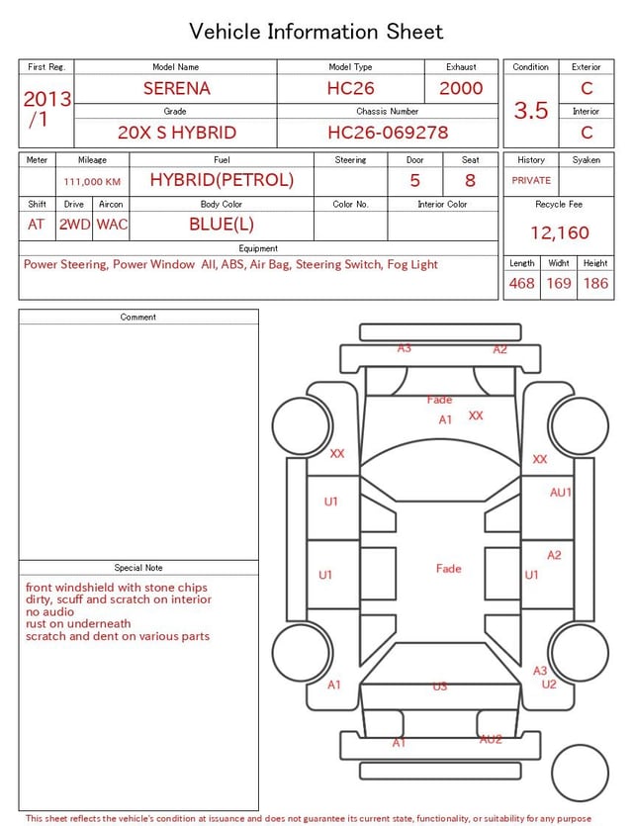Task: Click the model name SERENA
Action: coord(176,88)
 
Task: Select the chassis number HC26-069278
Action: coord(388,133)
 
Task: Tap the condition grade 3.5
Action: coord(531,111)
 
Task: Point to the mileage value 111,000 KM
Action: coord(92,182)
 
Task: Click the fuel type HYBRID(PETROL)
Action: coord(222,180)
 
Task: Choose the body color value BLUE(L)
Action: coord(222,225)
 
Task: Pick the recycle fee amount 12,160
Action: coord(559,232)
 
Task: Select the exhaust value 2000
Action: coord(461,88)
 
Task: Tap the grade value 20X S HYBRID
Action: coord(177,133)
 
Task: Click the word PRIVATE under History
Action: coord(531,180)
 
